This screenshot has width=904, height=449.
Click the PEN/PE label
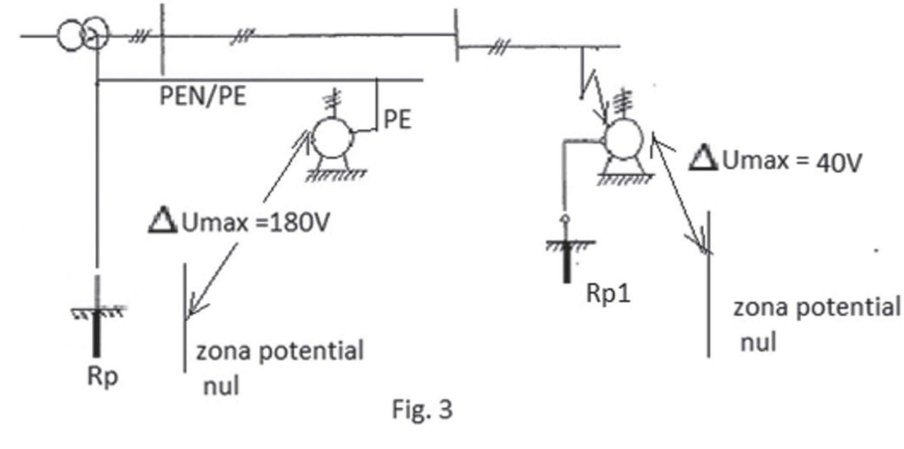pos(203,97)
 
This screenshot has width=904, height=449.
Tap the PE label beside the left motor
pos(397,120)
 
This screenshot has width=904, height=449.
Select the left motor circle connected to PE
pos(332,138)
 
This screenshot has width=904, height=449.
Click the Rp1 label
pos(608,293)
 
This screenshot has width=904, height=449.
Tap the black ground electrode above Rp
pos(97,332)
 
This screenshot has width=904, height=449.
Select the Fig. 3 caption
pos(422,409)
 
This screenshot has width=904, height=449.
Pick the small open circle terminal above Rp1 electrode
pos(566,219)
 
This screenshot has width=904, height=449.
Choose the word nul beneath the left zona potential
pos(221,385)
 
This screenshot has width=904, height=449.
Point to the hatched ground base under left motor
pos(336,174)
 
